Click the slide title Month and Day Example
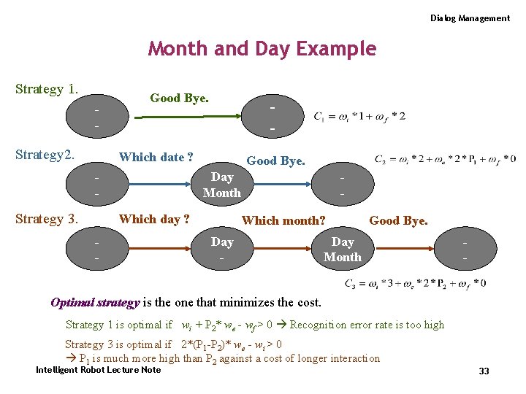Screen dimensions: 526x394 pyautogui.click(x=262, y=49)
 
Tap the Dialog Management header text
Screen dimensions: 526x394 pyautogui.click(x=470, y=18)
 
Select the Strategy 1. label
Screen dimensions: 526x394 pyautogui.click(x=47, y=89)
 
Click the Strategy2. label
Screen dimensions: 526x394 pyautogui.click(x=45, y=155)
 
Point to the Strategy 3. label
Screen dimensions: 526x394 pyautogui.click(x=47, y=219)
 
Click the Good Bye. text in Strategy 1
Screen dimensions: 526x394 pyautogui.click(x=179, y=98)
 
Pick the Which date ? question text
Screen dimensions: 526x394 pyautogui.click(x=156, y=157)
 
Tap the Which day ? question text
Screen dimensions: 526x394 pyautogui.click(x=154, y=220)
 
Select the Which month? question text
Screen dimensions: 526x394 pyautogui.click(x=283, y=220)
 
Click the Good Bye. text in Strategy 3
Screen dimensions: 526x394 pyautogui.click(x=398, y=220)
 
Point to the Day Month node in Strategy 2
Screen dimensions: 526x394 pyautogui.click(x=222, y=185)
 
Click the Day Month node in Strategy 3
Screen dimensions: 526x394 pyautogui.click(x=342, y=249)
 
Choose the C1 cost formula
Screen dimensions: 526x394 pyautogui.click(x=359, y=116)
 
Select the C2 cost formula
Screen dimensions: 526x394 pyautogui.click(x=445, y=159)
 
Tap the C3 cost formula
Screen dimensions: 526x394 pyautogui.click(x=414, y=283)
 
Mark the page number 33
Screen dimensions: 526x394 pyautogui.click(x=484, y=371)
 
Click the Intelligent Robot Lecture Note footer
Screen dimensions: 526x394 pyautogui.click(x=98, y=370)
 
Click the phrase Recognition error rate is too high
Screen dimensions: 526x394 pyautogui.click(x=367, y=325)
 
